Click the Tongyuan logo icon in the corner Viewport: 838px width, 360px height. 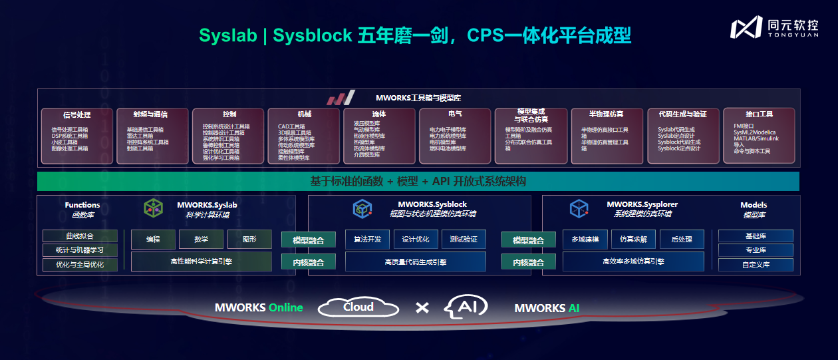pyautogui.click(x=746, y=27)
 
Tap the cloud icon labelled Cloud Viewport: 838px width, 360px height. pyautogui.click(x=358, y=307)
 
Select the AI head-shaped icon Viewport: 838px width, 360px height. pyautogui.click(x=466, y=306)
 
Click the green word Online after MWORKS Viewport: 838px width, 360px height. pyautogui.click(x=285, y=307)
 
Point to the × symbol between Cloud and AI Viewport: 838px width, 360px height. pyautogui.click(x=422, y=307)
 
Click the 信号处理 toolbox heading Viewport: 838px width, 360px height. pyautogui.click(x=77, y=114)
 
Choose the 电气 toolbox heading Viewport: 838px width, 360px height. pyautogui.click(x=456, y=114)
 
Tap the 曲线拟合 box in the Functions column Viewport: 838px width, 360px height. pyautogui.click(x=80, y=236)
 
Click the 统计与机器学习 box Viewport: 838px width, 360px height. pyautogui.click(x=80, y=250)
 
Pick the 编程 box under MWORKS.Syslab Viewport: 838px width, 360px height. pyautogui.click(x=153, y=240)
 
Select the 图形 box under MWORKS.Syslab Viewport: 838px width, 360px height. pyautogui.click(x=249, y=240)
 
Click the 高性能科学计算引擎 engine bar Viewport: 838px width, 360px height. pyautogui.click(x=202, y=262)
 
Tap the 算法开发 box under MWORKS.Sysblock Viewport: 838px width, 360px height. pyautogui.click(x=367, y=240)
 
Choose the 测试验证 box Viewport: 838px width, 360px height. pyautogui.click(x=464, y=240)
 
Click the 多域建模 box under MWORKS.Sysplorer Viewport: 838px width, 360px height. pyautogui.click(x=585, y=240)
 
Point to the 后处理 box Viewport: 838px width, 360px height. pyautogui.click(x=682, y=240)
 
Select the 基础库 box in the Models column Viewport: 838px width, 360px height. pyautogui.click(x=756, y=236)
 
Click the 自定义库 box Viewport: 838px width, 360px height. pyautogui.click(x=756, y=265)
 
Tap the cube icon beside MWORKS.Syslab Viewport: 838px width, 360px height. pyautogui.click(x=154, y=208)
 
